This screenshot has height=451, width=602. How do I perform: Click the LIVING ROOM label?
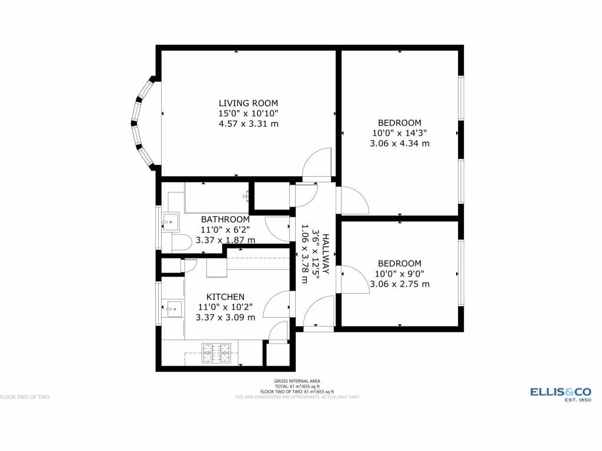click(248, 103)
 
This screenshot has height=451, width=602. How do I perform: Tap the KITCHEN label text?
click(225, 297)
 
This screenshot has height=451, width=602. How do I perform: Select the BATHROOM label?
click(225, 219)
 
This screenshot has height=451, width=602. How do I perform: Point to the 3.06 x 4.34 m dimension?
click(399, 143)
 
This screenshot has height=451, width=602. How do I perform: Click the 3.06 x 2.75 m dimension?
click(399, 284)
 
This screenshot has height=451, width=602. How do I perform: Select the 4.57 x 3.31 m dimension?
click(248, 124)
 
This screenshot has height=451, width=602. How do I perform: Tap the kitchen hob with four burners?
click(216, 353)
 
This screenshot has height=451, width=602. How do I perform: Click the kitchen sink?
click(173, 308)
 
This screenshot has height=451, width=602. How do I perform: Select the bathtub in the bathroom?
click(216, 197)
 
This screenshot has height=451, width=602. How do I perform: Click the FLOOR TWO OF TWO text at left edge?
click(24, 397)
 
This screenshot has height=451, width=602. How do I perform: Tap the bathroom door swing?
click(276, 229)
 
